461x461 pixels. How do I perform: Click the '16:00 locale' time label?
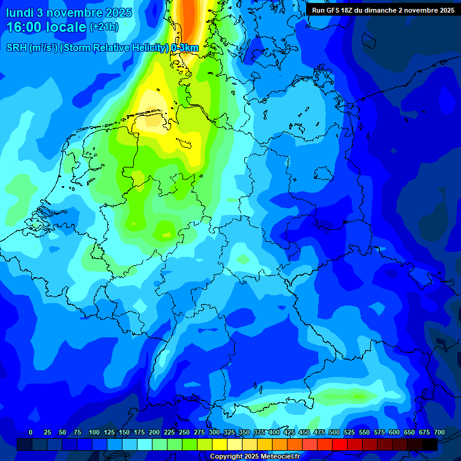(46, 27)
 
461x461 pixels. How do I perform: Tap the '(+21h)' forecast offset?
(104, 27)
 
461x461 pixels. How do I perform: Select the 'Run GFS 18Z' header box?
(383, 10)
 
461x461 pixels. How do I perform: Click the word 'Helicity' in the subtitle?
(145, 47)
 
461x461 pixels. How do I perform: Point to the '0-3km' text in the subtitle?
(185, 47)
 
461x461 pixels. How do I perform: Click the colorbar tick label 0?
(31, 432)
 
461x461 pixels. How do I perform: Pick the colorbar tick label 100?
(94, 432)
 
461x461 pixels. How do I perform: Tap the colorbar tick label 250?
(184, 432)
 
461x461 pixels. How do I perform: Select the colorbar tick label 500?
(334, 432)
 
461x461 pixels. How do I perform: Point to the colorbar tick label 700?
(439, 432)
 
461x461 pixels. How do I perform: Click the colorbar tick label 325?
(229, 432)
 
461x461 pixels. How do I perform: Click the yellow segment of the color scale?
(220, 444)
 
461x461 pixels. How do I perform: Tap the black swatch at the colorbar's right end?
(430, 444)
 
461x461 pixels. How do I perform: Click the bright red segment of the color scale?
(340, 444)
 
